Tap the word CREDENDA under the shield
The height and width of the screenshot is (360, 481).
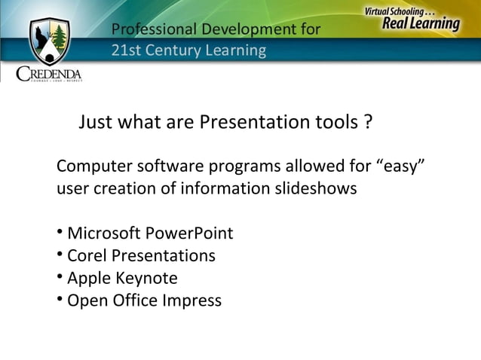click(x=49, y=74)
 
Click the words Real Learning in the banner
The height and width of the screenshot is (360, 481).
click(x=421, y=24)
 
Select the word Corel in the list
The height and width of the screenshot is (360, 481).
click(x=87, y=256)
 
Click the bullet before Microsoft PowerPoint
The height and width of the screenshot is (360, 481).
click(x=60, y=233)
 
